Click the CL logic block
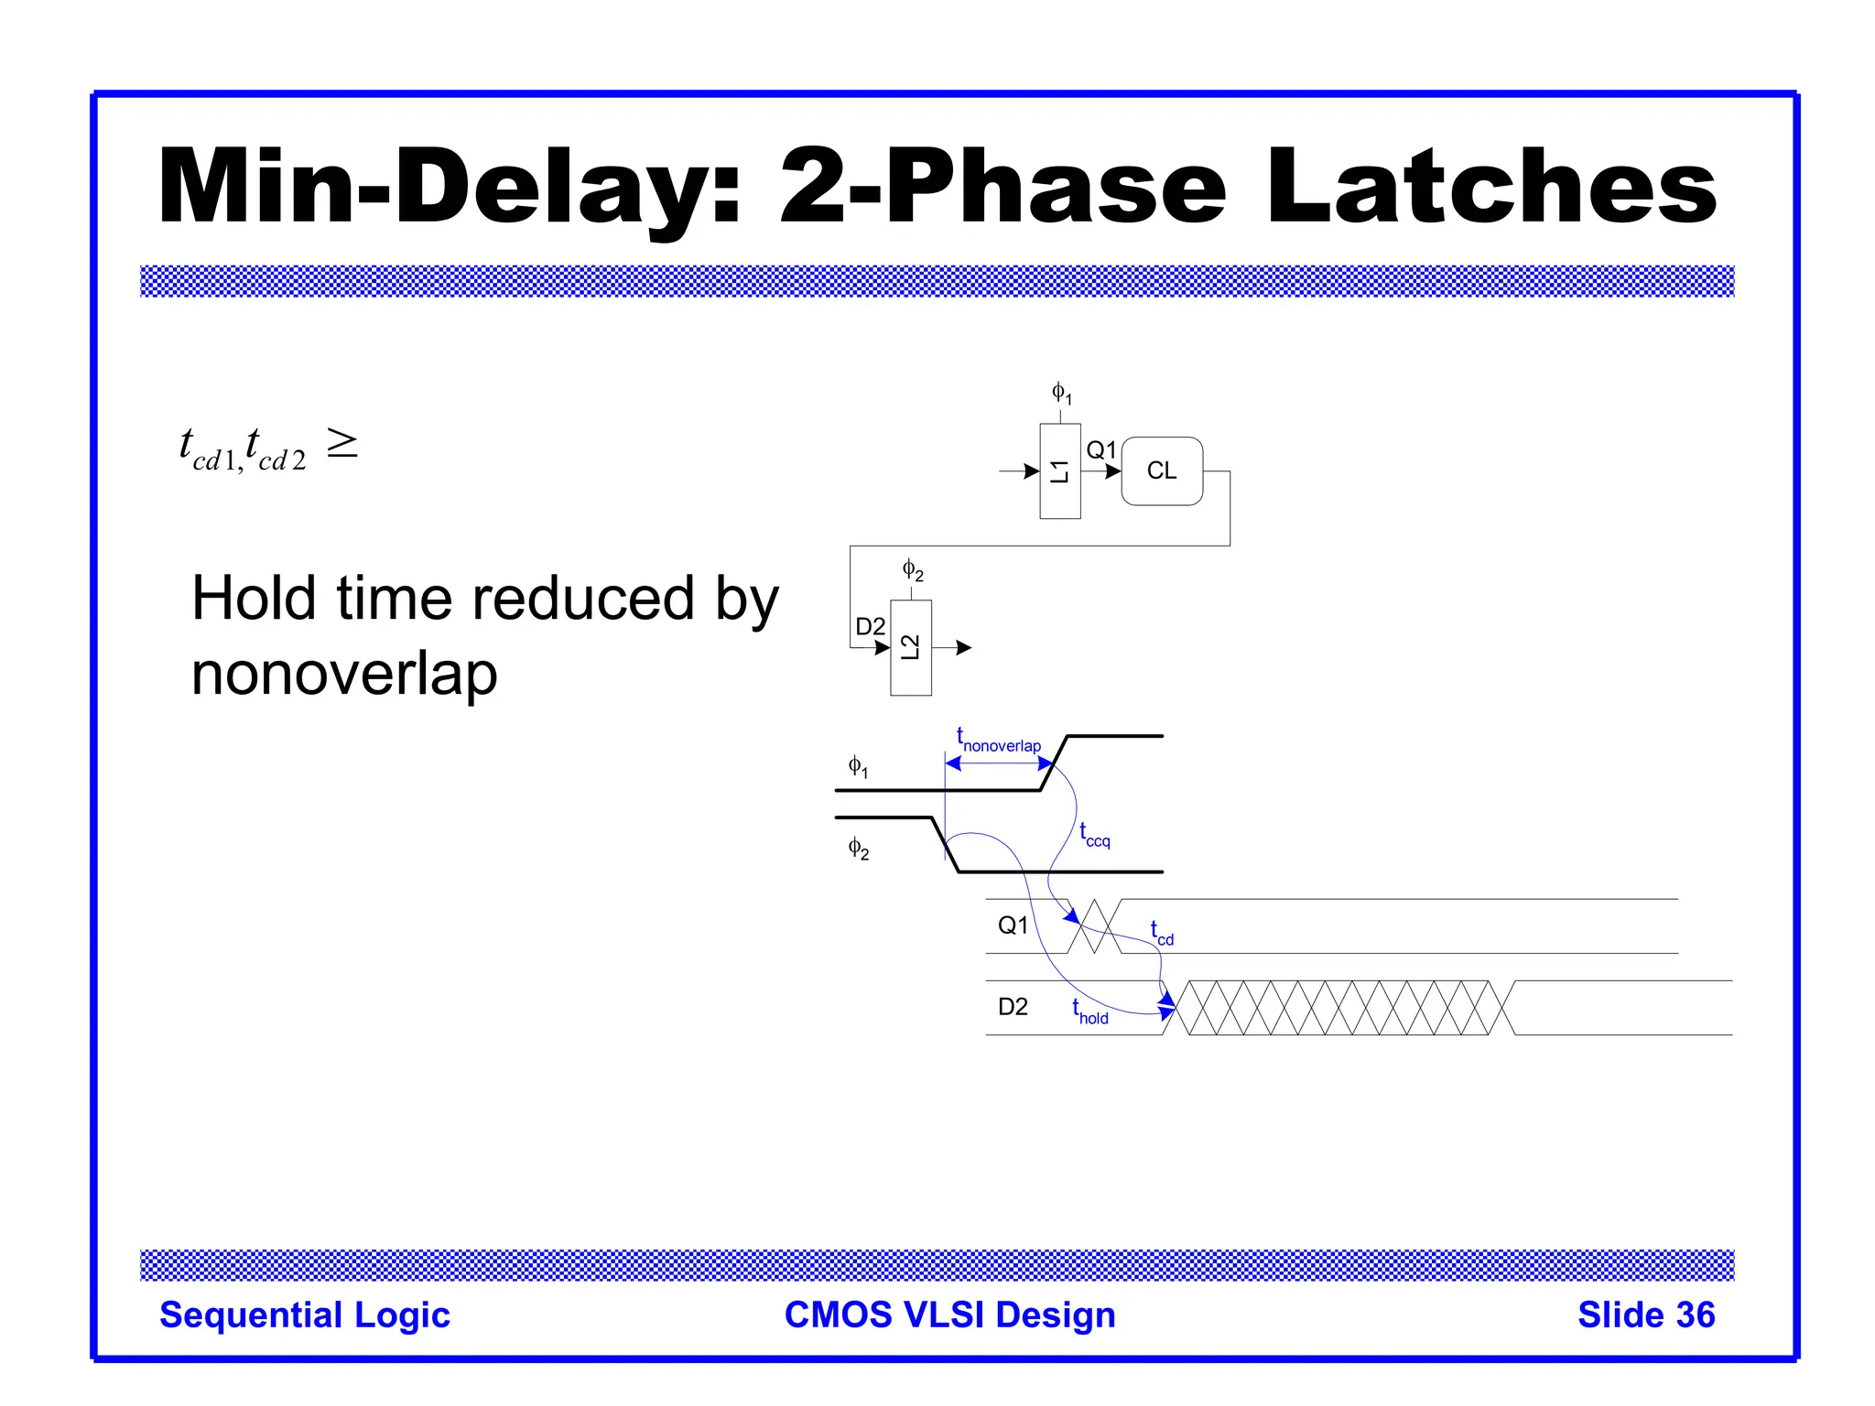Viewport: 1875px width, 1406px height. (1161, 470)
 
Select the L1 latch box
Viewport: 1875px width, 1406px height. (1059, 471)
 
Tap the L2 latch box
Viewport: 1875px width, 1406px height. (910, 647)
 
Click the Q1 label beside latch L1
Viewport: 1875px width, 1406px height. (1100, 449)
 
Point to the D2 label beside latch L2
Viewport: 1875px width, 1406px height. (870, 626)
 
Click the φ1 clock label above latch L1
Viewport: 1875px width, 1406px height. (1061, 394)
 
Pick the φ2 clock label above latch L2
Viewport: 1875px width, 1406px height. (913, 570)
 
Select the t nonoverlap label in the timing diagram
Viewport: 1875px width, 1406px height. (998, 741)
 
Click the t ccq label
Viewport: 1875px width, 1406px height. (1094, 835)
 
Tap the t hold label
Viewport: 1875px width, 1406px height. (1089, 1011)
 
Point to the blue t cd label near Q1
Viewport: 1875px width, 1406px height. (1161, 933)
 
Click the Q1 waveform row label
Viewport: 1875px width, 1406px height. (1013, 925)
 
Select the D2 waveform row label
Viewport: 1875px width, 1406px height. (1013, 1007)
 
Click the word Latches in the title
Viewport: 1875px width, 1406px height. (1492, 188)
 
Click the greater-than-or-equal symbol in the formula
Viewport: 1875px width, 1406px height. (342, 444)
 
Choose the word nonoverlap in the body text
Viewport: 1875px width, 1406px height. (344, 675)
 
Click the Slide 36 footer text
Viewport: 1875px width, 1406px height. (1645, 1314)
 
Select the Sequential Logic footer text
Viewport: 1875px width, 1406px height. (305, 1314)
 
